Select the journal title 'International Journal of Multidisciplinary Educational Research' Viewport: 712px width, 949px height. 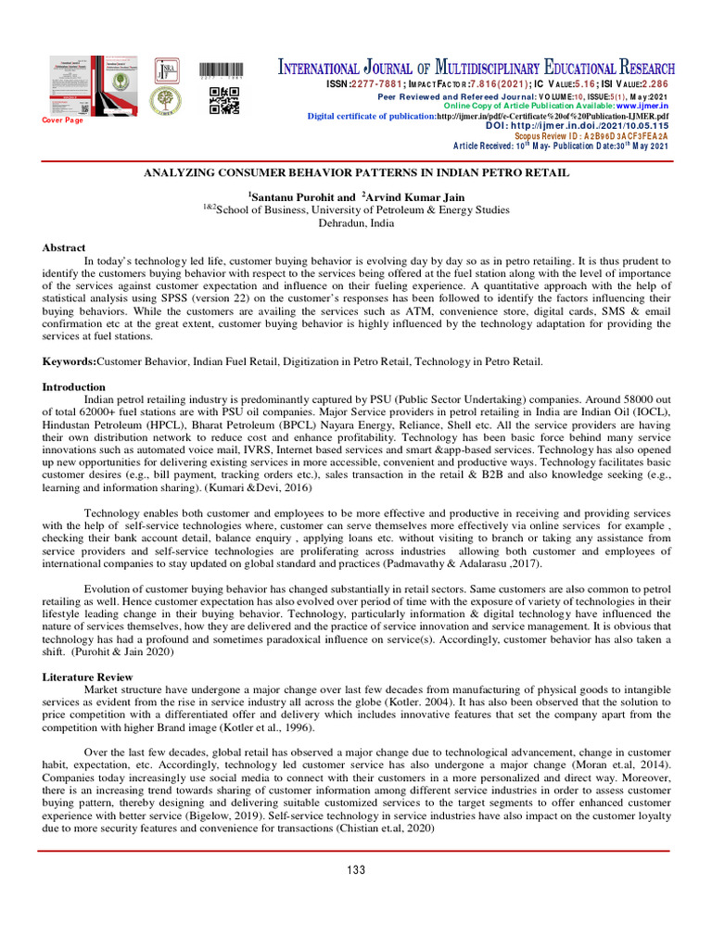tap(477, 69)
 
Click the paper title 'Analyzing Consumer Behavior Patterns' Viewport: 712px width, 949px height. tap(356, 173)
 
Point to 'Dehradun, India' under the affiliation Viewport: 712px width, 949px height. tap(356, 223)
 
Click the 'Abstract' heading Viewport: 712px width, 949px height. tap(64, 248)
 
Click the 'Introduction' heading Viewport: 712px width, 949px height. tap(74, 386)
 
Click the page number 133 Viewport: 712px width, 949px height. tap(356, 869)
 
